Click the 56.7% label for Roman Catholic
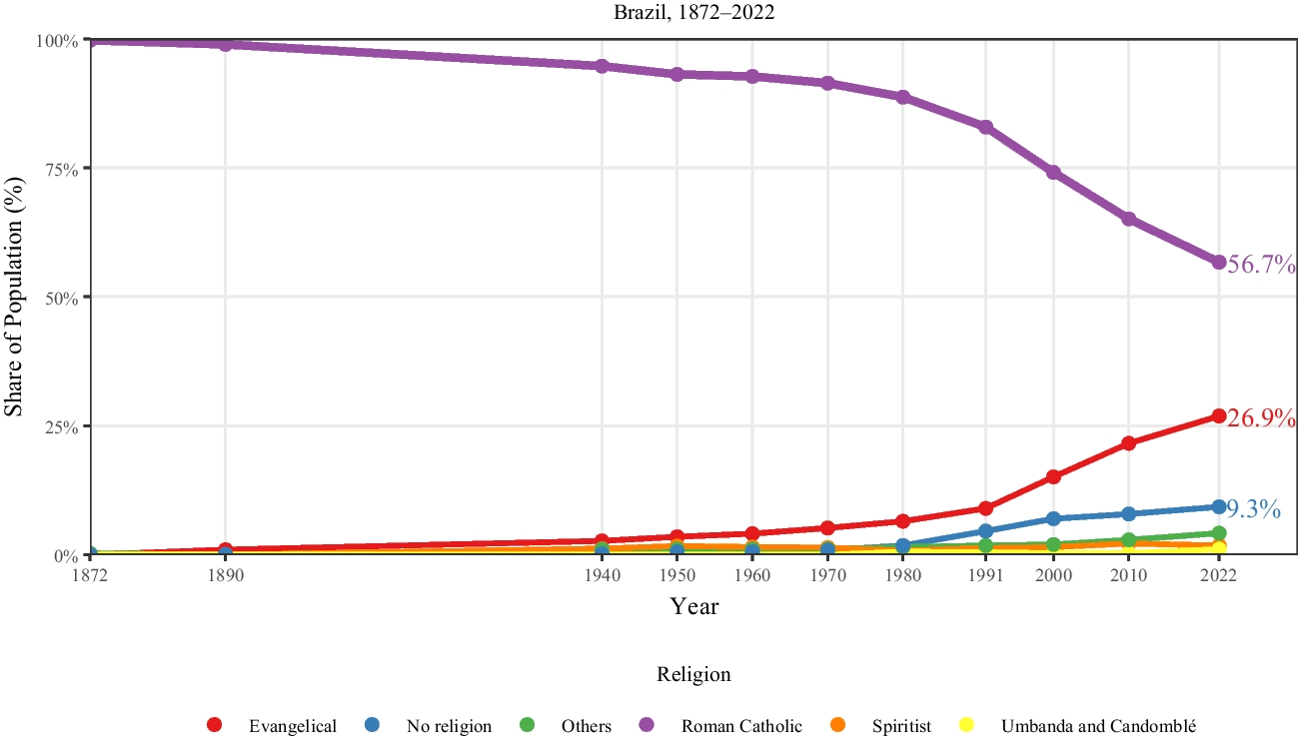tap(1261, 265)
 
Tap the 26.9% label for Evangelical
tap(1261, 418)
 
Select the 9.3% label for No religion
tap(1253, 509)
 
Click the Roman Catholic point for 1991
tap(986, 127)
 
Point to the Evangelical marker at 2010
tap(1129, 442)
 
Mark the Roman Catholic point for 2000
tap(1053, 172)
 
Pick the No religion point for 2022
tap(1219, 506)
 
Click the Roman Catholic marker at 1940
tap(602, 66)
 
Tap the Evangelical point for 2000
tap(1053, 476)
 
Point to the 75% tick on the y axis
tap(61, 169)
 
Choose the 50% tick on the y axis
tap(61, 298)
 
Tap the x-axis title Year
tap(693, 606)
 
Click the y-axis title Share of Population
tap(14, 298)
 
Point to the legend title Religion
tap(693, 674)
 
